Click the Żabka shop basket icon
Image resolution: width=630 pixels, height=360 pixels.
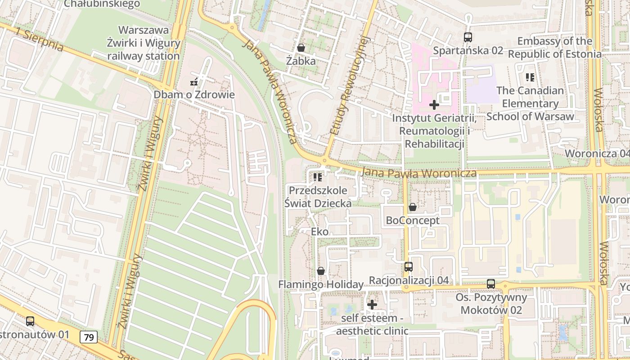click(x=301, y=47)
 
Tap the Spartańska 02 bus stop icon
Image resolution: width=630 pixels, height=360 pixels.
click(x=468, y=37)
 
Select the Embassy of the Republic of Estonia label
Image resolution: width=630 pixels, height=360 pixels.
click(x=554, y=48)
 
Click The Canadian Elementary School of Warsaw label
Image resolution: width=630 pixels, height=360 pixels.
click(x=530, y=103)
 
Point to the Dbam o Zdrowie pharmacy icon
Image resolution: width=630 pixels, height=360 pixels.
click(x=194, y=82)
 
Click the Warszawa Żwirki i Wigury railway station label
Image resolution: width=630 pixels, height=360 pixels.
click(x=144, y=43)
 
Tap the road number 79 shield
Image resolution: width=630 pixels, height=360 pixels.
click(x=89, y=337)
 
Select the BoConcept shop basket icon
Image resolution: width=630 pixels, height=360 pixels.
click(x=412, y=207)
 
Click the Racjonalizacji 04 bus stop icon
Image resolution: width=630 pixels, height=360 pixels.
click(x=409, y=267)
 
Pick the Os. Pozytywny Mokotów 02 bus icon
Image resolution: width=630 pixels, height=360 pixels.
click(x=491, y=284)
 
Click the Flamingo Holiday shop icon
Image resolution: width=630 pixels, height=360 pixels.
click(x=320, y=271)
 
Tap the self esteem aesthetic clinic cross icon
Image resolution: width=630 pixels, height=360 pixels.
click(x=372, y=305)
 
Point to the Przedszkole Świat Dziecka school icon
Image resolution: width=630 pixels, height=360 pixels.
click(x=318, y=178)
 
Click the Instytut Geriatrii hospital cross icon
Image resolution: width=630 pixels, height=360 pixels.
click(x=434, y=105)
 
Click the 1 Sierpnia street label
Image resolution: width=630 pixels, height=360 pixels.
click(x=39, y=39)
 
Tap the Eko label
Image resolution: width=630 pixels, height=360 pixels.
click(x=320, y=232)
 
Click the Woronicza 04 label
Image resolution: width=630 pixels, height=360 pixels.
click(x=597, y=153)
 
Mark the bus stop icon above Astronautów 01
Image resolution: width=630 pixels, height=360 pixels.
click(x=30, y=321)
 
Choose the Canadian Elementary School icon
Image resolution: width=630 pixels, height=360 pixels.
click(x=530, y=77)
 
